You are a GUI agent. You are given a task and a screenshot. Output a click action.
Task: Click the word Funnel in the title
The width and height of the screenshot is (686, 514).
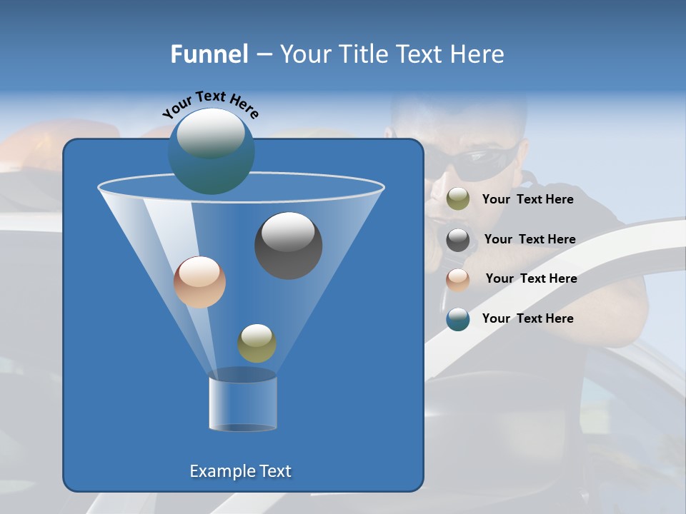point(209,54)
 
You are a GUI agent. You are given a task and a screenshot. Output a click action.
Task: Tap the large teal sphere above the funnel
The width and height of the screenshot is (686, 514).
point(212,151)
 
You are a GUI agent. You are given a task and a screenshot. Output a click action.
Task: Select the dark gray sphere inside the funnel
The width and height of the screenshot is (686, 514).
point(288,245)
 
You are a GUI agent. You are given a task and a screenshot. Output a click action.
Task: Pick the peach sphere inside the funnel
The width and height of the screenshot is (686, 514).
point(199,282)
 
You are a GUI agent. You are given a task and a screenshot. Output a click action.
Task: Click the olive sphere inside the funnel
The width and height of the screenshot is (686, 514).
point(257,343)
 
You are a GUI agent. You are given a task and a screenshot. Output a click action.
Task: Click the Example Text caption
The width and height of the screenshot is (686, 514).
point(240,471)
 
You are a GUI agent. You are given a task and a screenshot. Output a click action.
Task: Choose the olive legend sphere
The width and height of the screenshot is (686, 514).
point(458,199)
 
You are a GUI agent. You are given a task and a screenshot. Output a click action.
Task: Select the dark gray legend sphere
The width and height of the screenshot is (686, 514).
point(458,239)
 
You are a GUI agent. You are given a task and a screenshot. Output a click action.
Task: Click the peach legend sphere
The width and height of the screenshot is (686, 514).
point(458,279)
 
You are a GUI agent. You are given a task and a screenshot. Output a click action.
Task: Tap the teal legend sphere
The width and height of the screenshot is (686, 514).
point(458,319)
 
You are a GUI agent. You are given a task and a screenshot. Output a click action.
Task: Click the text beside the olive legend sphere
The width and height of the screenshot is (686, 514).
point(527,199)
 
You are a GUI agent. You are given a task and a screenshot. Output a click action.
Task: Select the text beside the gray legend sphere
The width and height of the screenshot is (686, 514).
point(530,239)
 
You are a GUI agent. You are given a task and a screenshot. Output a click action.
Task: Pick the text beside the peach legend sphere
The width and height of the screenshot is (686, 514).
point(531,278)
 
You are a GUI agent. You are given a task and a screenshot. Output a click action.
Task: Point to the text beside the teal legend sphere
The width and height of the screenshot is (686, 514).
point(527,318)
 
